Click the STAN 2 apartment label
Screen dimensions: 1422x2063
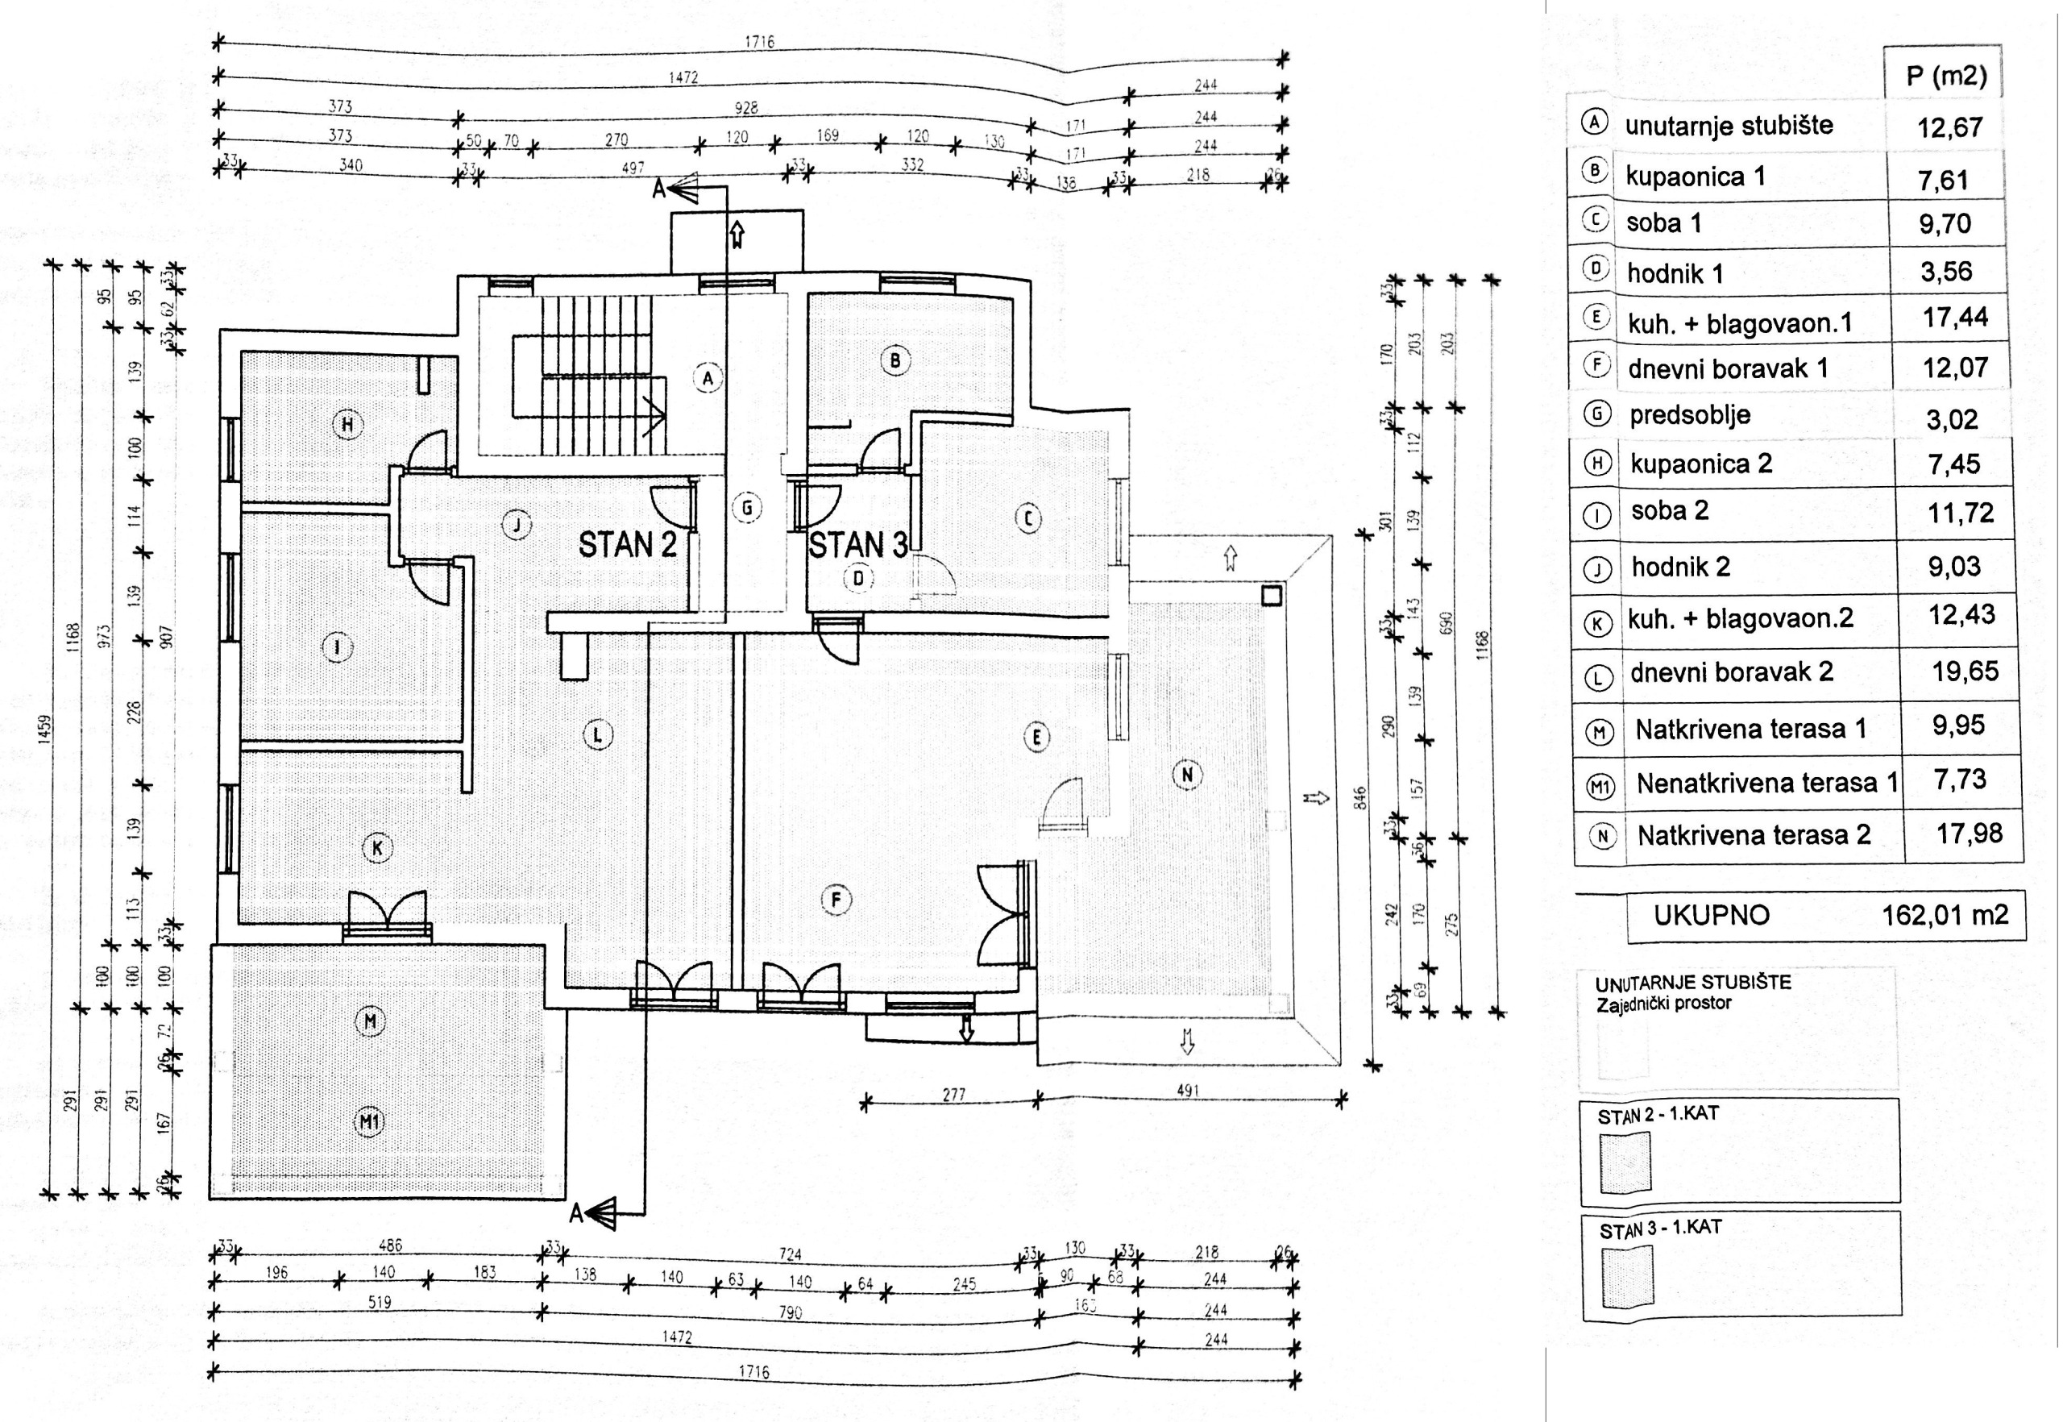pyautogui.click(x=627, y=544)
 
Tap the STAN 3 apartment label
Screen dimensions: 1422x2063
pyautogui.click(x=857, y=544)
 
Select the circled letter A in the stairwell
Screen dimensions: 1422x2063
pyautogui.click(x=708, y=378)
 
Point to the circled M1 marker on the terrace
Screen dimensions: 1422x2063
pyautogui.click(x=370, y=1122)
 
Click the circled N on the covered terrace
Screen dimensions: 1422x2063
pyautogui.click(x=1186, y=775)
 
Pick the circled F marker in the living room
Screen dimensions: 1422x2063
pyautogui.click(x=836, y=900)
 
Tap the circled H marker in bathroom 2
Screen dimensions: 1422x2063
pyautogui.click(x=347, y=425)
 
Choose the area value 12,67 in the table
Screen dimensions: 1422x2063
pyautogui.click(x=1950, y=127)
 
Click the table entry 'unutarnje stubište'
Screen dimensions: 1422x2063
pyautogui.click(x=1729, y=126)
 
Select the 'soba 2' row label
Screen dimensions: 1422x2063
pyautogui.click(x=1669, y=511)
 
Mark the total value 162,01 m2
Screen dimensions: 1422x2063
pyautogui.click(x=1945, y=915)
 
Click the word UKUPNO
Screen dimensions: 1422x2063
pyautogui.click(x=1711, y=915)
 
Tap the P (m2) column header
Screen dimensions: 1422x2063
pyautogui.click(x=1946, y=76)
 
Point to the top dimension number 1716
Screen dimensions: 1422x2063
pyautogui.click(x=759, y=42)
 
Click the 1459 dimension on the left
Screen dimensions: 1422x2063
pyautogui.click(x=45, y=728)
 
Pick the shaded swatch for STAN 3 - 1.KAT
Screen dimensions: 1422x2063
pyautogui.click(x=1625, y=1276)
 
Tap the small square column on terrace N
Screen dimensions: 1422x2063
pyautogui.click(x=1271, y=594)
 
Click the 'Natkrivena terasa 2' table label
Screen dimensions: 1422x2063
pyautogui.click(x=1753, y=836)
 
